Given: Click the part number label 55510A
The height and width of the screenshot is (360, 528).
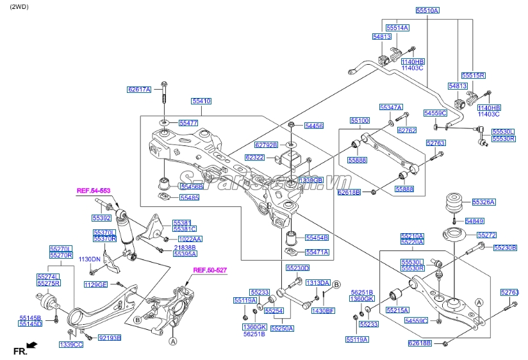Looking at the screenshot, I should pos(427,11).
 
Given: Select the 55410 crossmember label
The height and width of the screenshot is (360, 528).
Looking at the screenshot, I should pos(201,101).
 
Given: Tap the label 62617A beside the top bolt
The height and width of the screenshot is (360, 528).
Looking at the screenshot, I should pos(139,90).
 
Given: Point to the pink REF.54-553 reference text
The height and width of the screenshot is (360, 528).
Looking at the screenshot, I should pos(94,191).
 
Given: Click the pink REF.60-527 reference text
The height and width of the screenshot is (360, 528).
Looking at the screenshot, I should pos(210,271).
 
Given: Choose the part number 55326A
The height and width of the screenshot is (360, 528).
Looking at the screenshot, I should pos(484,202).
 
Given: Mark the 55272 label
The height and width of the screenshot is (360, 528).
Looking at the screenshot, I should pos(486,235).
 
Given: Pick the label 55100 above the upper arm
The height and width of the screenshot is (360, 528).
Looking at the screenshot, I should pos(359,120).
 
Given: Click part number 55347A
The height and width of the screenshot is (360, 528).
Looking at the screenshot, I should pos(391,108).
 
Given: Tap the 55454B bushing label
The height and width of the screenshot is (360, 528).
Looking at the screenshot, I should pos(316,238).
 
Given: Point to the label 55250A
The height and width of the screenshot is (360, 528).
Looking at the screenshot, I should pos(282,329).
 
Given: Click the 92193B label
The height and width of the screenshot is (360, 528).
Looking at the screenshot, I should pos(109,338).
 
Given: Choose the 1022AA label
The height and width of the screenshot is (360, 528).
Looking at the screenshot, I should pos(189,239).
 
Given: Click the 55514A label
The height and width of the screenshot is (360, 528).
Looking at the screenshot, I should pos(397,28).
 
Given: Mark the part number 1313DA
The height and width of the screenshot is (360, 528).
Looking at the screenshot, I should pos(317,282).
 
